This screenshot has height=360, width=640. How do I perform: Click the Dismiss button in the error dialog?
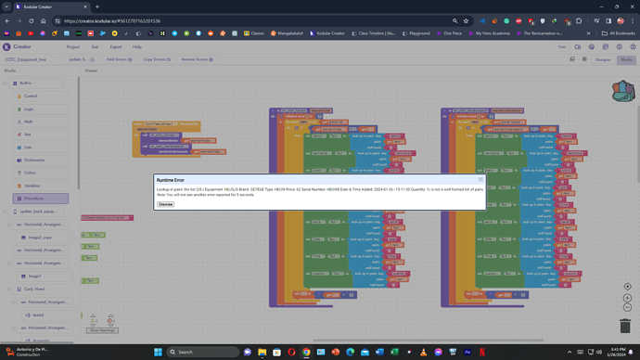coord(165,204)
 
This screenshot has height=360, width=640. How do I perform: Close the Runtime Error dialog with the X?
coord(480,180)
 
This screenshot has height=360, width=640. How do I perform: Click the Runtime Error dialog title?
coord(171,180)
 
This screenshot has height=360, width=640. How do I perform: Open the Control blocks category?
coord(30,96)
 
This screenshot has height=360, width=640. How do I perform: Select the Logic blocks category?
coord(29,109)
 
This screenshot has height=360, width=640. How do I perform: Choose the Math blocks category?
coord(29,122)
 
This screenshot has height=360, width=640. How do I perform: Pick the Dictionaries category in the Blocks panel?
coord(34,160)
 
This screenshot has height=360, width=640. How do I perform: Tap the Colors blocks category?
coord(30,173)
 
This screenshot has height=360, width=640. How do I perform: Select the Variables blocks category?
coord(32,186)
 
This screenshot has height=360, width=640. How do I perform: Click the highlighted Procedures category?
coord(34,199)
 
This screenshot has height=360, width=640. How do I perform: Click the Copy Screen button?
coord(154,59)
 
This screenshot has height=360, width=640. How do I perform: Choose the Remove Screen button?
coord(197,59)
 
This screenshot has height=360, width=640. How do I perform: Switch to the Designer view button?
coord(603,59)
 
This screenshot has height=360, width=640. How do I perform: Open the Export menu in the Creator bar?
coord(116,46)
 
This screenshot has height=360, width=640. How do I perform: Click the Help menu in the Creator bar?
coord(137,46)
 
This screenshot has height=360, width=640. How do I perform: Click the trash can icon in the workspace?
coord(624,326)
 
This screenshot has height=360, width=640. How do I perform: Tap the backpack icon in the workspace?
coord(622,91)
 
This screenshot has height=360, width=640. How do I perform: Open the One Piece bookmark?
coord(450,33)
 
